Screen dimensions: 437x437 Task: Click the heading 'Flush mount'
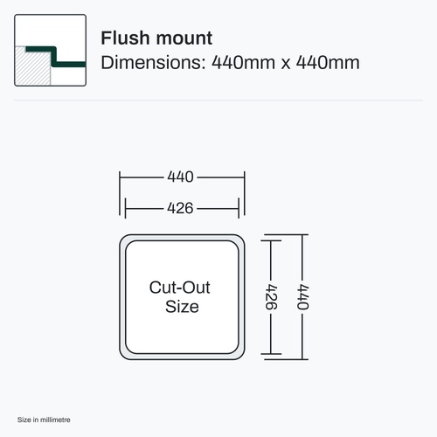(156, 38)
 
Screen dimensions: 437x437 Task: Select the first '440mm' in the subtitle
(243, 62)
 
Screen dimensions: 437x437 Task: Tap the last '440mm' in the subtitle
(328, 62)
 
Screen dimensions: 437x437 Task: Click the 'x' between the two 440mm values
(286, 64)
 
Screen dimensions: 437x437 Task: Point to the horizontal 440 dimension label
(180, 177)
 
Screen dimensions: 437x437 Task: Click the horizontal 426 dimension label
(180, 208)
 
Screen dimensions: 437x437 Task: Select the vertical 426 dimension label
(271, 296)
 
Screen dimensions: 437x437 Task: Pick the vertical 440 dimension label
(302, 296)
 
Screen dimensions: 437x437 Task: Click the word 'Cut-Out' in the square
(180, 288)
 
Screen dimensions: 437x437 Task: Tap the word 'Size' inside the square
(182, 307)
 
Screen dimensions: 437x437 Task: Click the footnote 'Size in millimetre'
(44, 420)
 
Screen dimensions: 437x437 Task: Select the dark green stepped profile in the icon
(54, 56)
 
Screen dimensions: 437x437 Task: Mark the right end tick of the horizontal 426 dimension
(239, 208)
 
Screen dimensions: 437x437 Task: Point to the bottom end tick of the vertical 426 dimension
(271, 354)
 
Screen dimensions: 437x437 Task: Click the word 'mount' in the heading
(184, 39)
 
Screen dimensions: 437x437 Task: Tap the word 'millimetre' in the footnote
(55, 420)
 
